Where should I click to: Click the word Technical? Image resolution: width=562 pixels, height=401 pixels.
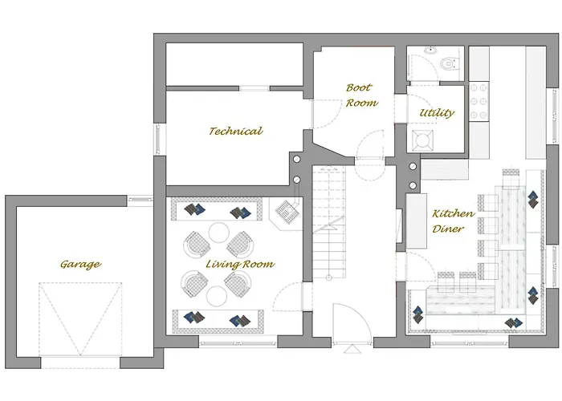[235, 131]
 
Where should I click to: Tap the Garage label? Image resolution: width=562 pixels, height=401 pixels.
[80, 264]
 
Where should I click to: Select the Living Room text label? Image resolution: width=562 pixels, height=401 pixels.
[239, 264]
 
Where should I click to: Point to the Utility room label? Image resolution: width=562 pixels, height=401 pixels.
[437, 113]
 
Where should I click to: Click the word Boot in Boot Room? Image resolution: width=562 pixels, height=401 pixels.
[358, 87]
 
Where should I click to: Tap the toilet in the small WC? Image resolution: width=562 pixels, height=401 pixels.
[446, 63]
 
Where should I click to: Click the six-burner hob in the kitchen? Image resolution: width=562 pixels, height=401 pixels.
[479, 102]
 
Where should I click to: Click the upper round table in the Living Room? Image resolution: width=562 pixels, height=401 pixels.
[219, 233]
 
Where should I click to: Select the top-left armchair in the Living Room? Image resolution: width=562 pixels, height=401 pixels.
[197, 243]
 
